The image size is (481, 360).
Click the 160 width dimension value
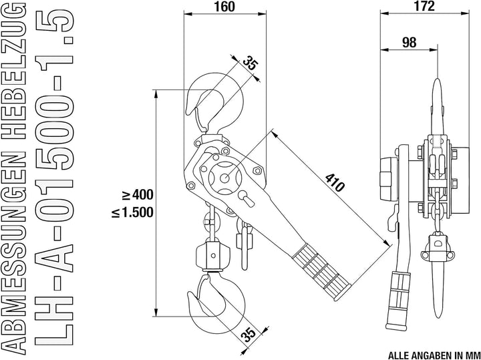[x=224, y=7]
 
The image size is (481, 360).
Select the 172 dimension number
[x=424, y=6]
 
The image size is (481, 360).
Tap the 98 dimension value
[x=409, y=43]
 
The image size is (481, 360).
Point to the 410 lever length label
[x=335, y=183]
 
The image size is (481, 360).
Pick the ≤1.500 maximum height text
[x=132, y=212]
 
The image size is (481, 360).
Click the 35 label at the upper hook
[x=251, y=63]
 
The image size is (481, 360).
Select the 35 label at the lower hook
[x=249, y=335]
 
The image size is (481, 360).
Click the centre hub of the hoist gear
[x=225, y=177]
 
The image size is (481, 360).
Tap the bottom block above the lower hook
[x=213, y=255]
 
